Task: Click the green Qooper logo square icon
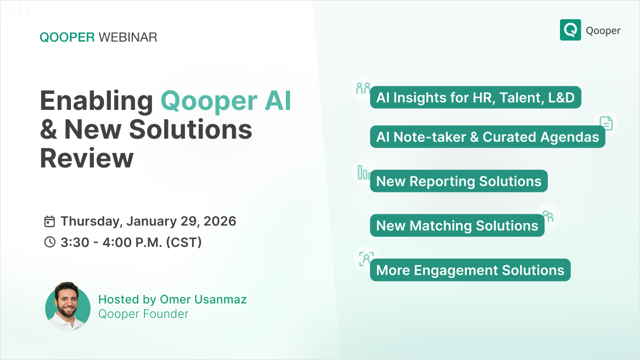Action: [570, 30]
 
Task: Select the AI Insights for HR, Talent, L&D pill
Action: [475, 98]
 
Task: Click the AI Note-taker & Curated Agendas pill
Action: [487, 137]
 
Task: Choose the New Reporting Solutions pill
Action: [459, 181]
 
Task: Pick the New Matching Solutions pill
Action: [457, 226]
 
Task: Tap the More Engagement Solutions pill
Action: [470, 270]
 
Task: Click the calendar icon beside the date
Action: [50, 221]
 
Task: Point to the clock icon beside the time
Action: [50, 242]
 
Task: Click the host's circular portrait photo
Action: [68, 307]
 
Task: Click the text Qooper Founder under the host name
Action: [143, 314]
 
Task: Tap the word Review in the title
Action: [86, 158]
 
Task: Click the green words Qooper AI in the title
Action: [226, 101]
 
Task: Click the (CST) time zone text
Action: [183, 242]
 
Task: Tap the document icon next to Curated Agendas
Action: [606, 123]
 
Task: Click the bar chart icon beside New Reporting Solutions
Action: [364, 172]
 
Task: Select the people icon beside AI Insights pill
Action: [363, 87]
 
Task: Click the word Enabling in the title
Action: [97, 101]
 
